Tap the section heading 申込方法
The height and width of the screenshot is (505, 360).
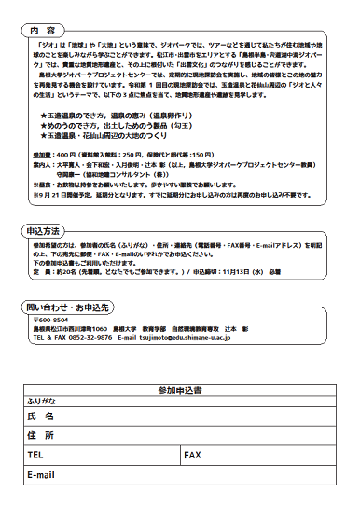point(43,228)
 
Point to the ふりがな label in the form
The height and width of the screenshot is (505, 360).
point(46,399)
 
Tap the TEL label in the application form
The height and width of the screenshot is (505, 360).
point(37,456)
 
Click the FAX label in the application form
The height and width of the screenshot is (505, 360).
point(193,456)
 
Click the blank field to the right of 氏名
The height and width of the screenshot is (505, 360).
point(205,416)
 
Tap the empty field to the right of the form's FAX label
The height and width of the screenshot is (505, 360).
point(270,456)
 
